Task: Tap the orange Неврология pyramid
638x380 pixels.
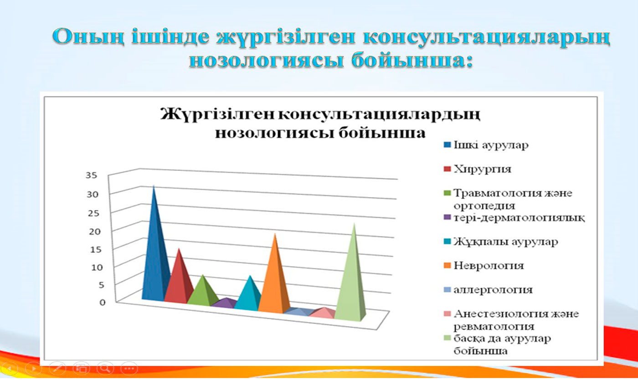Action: click(x=274, y=279)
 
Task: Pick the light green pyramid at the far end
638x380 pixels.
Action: click(x=351, y=279)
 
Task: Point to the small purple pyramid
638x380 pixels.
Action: click(x=226, y=303)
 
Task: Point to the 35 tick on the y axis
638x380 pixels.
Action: click(x=92, y=175)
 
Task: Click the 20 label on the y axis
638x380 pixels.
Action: click(x=95, y=231)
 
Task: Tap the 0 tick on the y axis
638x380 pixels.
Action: click(x=103, y=302)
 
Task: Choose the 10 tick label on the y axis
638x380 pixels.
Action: click(x=97, y=267)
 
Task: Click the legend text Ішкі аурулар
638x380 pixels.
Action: click(x=491, y=145)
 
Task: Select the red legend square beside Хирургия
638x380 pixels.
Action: click(x=448, y=169)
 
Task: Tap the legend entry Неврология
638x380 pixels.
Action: click(x=489, y=266)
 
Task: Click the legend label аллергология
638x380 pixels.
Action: click(x=493, y=290)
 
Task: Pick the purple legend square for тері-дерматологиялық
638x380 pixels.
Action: click(x=448, y=218)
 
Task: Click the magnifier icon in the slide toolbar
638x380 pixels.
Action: click(x=105, y=368)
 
